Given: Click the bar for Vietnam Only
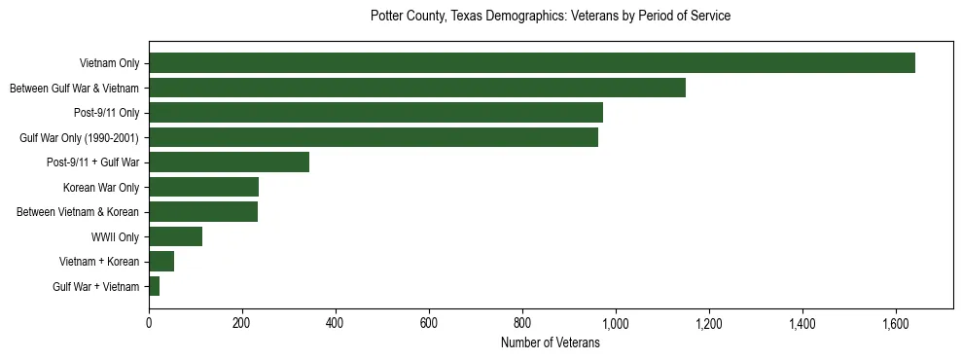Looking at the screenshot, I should [532, 63].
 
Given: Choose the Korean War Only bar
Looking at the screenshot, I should [203, 187].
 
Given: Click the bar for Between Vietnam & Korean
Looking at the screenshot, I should [203, 212].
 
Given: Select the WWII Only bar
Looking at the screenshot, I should [175, 236].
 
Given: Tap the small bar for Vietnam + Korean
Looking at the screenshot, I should [161, 261].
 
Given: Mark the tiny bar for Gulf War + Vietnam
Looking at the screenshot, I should [155, 286].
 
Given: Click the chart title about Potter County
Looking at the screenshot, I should [551, 17].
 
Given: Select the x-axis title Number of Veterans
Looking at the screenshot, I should [551, 342].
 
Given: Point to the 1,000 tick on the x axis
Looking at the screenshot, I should [616, 322].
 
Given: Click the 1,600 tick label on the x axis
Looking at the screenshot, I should [896, 322].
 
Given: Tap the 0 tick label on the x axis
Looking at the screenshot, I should [149, 322].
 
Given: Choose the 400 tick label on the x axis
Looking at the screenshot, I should [336, 322].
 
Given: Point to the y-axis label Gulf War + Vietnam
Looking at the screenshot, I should [96, 286].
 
